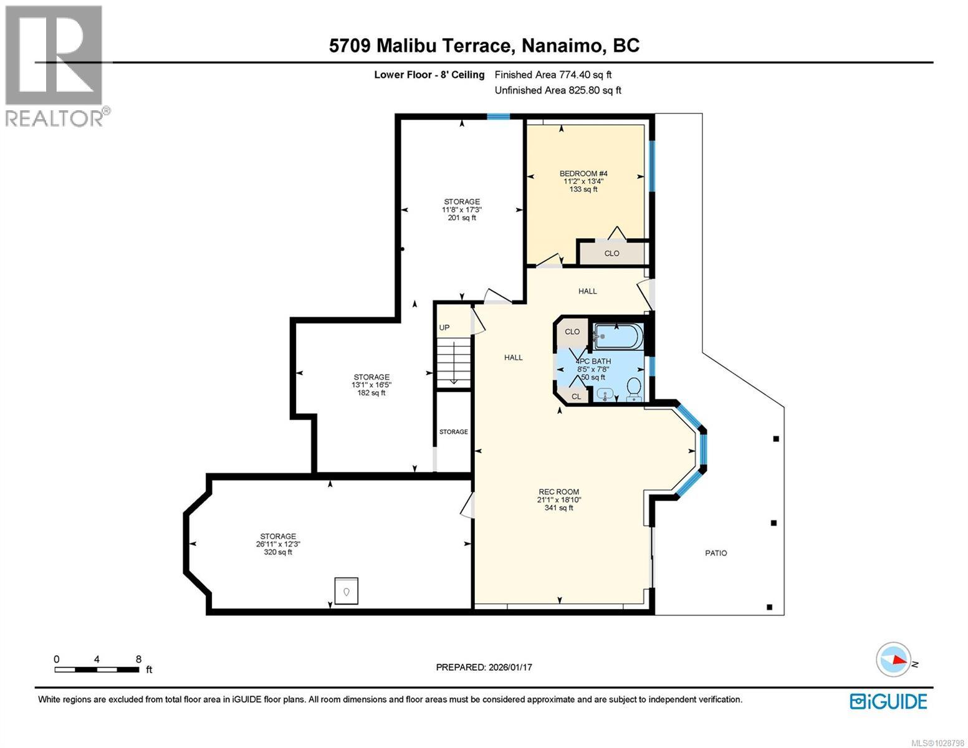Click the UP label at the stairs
(x=444, y=328)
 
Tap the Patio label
(x=716, y=553)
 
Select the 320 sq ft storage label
(x=278, y=544)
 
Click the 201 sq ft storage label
(x=461, y=209)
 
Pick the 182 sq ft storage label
(x=371, y=385)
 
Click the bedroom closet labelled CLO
(x=611, y=253)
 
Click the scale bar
(x=97, y=669)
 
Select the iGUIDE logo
(x=888, y=701)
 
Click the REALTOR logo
(x=55, y=65)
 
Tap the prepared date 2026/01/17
(x=484, y=667)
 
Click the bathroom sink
(x=605, y=394)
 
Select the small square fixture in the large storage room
(x=347, y=590)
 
